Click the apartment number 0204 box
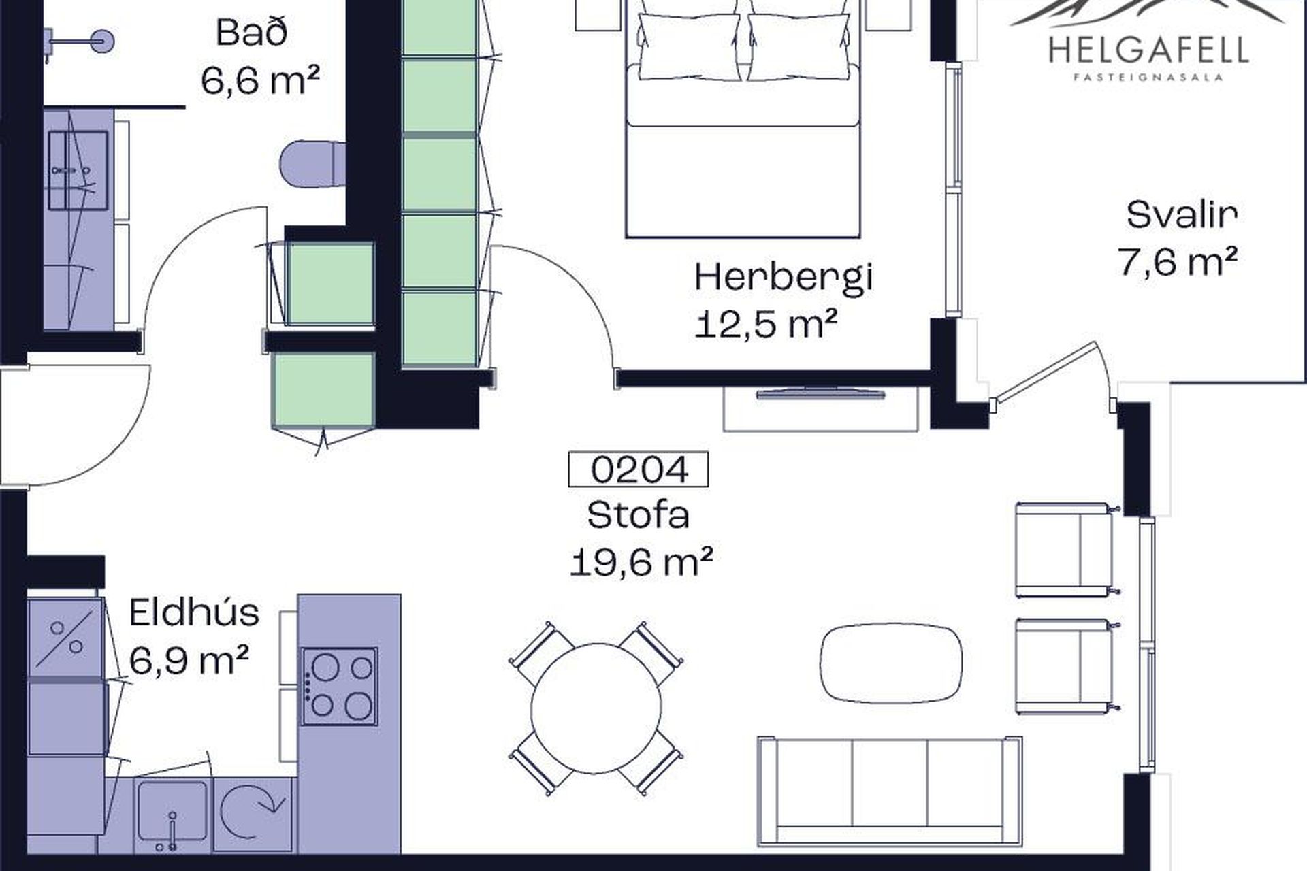pyautogui.click(x=638, y=470)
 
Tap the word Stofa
pyautogui.click(x=638, y=515)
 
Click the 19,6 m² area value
pyautogui.click(x=641, y=563)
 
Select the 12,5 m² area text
pyautogui.click(x=766, y=325)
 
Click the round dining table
pyautogui.click(x=596, y=708)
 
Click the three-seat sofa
pyautogui.click(x=890, y=791)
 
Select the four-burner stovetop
pyautogui.click(x=340, y=686)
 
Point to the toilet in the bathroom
pyautogui.click(x=313, y=163)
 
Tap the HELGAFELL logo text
pyautogui.click(x=1149, y=50)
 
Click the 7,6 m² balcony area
pyautogui.click(x=1178, y=261)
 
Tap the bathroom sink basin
pyautogui.click(x=78, y=170)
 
